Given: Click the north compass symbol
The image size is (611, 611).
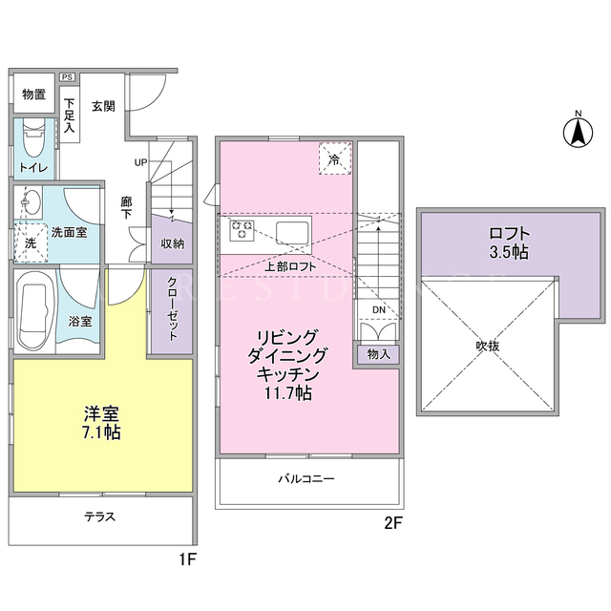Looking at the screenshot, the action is click(578, 132).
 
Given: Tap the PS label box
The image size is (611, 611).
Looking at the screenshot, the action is click(67, 77).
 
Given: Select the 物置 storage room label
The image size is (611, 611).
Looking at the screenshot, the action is click(33, 95).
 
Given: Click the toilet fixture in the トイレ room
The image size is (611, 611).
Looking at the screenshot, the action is click(34, 140).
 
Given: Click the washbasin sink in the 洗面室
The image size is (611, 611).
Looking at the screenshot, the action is click(31, 201).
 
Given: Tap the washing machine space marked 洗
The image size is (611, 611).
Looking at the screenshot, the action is click(31, 242).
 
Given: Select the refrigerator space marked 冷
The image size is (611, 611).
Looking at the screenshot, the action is click(335, 158).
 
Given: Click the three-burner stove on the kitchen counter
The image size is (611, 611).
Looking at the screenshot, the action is click(242, 229).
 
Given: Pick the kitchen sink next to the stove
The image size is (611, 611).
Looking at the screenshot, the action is click(293, 233).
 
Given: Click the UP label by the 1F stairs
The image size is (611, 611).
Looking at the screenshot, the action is click(140, 162).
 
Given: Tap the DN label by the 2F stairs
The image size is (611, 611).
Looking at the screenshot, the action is click(379, 309).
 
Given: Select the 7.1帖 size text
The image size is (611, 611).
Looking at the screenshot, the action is click(101, 432).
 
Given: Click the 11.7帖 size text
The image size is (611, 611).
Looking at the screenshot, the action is click(288, 392).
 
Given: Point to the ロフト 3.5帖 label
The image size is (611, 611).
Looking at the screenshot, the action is click(509, 242).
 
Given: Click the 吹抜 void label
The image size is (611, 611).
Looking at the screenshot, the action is click(488, 346).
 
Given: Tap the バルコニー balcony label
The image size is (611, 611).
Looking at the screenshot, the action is click(306, 478).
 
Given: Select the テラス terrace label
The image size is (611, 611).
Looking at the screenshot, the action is click(99, 516).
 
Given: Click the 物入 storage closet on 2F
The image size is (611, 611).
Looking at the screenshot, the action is click(379, 354).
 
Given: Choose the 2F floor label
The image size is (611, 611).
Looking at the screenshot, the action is click(392, 523).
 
